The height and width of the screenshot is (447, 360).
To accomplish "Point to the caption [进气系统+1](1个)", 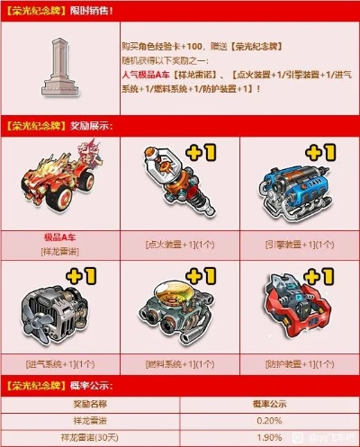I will coord(60,364).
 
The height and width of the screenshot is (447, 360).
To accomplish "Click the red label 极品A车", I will coord(59,236).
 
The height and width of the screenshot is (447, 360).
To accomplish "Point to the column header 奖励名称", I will coord(90,404).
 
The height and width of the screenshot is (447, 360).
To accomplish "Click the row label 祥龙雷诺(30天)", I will coord(90,437).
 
